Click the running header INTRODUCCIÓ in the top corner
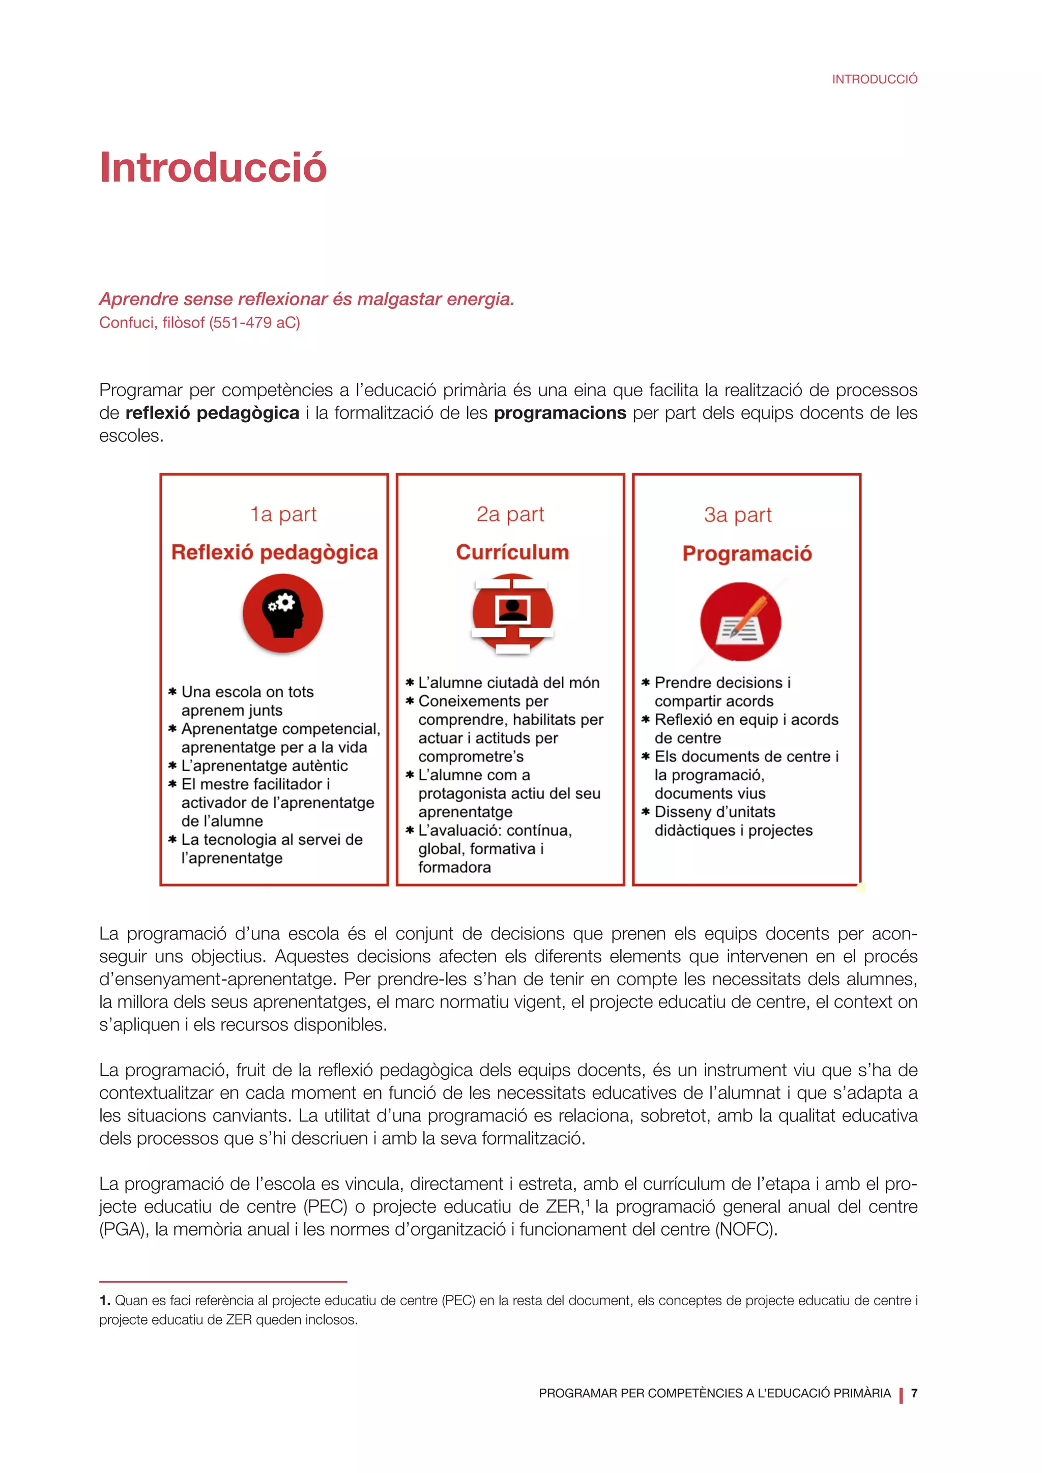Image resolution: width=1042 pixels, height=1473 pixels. [875, 79]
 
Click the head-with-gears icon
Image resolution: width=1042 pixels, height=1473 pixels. [282, 613]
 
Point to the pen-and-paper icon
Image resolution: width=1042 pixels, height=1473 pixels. [740, 621]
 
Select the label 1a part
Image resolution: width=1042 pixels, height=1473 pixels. [283, 515]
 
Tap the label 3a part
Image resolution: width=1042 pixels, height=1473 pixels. [737, 515]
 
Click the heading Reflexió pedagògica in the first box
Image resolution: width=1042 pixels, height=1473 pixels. [275, 552]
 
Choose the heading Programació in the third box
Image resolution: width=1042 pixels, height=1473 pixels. [747, 554]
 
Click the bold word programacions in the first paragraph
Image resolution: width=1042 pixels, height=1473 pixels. [560, 413]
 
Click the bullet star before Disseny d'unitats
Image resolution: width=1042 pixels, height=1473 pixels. [646, 812]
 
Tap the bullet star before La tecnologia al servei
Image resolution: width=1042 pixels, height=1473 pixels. [172, 839]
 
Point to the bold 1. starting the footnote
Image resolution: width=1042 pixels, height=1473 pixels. [105, 1301]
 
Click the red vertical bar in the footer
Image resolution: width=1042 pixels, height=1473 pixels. [901, 1395]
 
